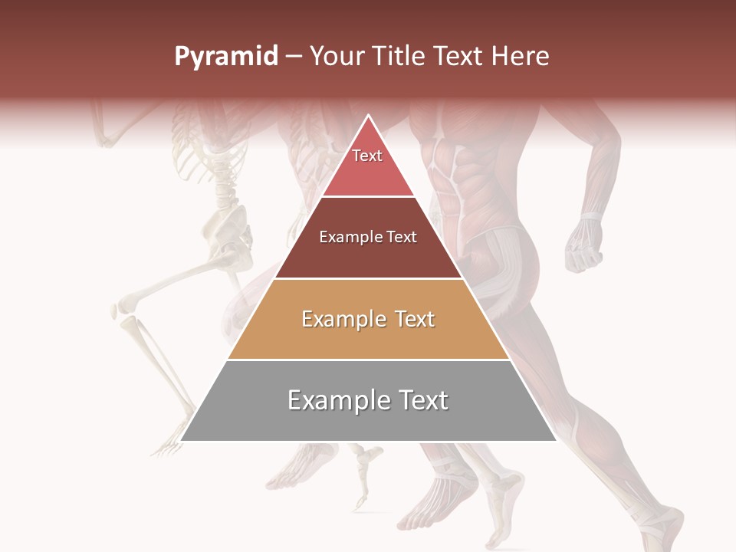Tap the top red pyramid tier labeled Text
pos(367,165)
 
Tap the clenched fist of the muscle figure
pos(584,248)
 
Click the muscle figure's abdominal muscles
pos(445,184)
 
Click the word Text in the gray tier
pos(421,400)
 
